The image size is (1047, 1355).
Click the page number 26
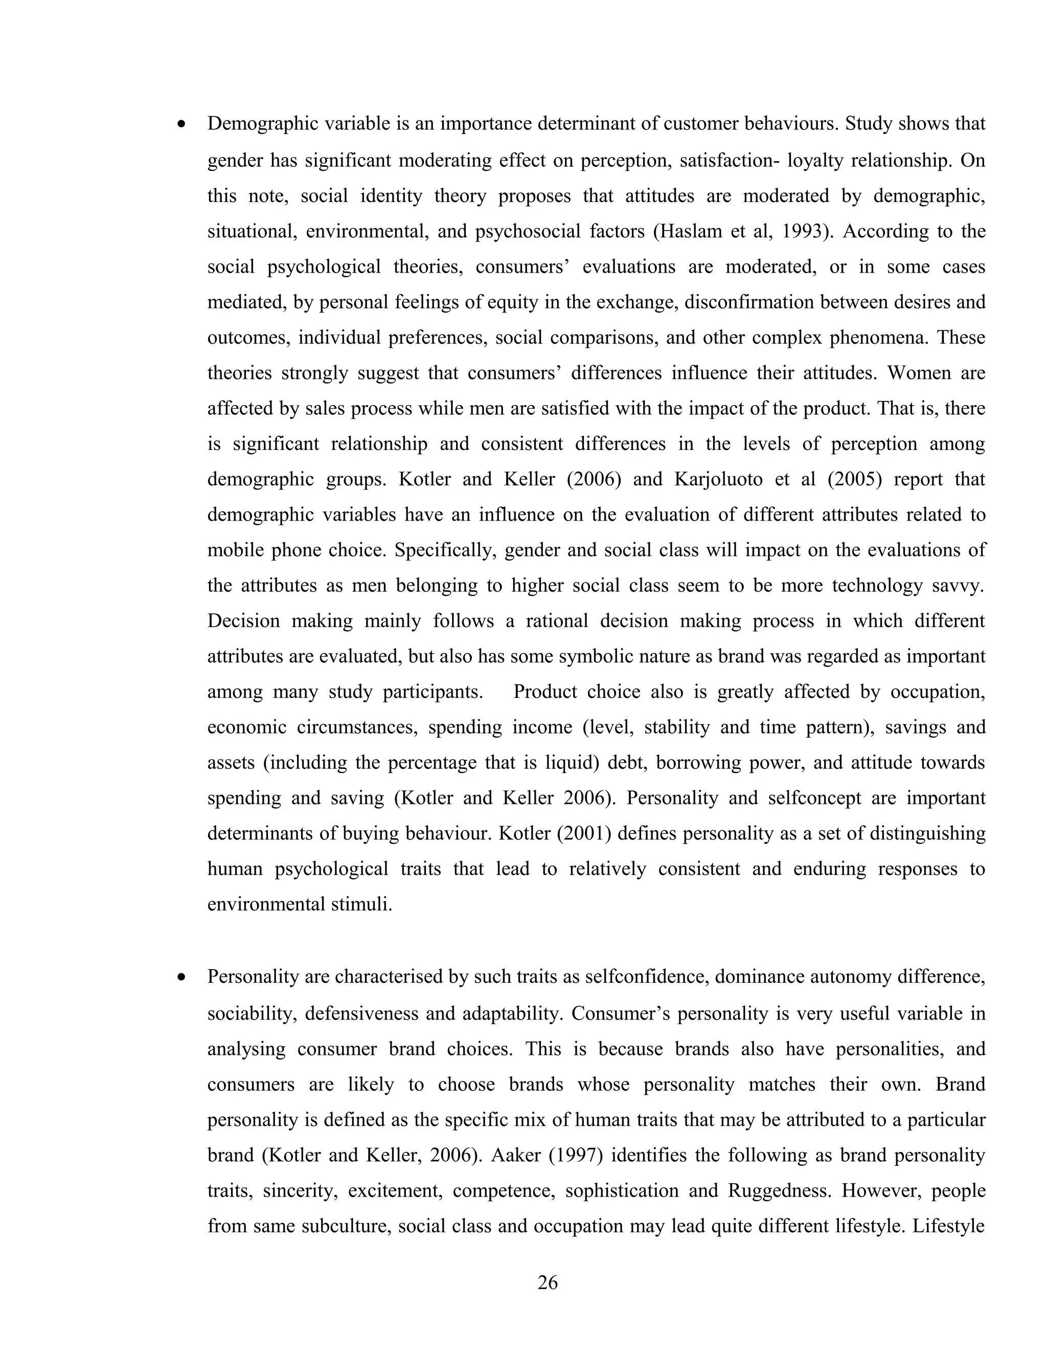click(x=547, y=1282)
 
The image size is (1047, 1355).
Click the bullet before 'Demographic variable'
click(x=181, y=125)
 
